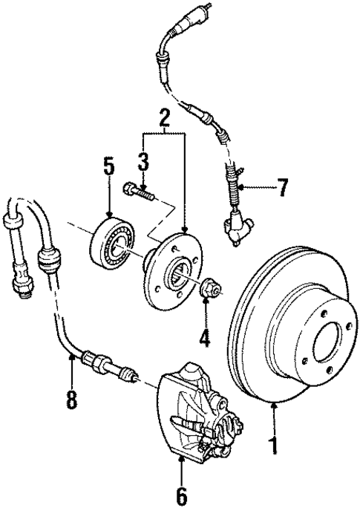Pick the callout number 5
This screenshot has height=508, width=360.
(108, 166)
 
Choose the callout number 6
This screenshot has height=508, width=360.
(182, 493)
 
